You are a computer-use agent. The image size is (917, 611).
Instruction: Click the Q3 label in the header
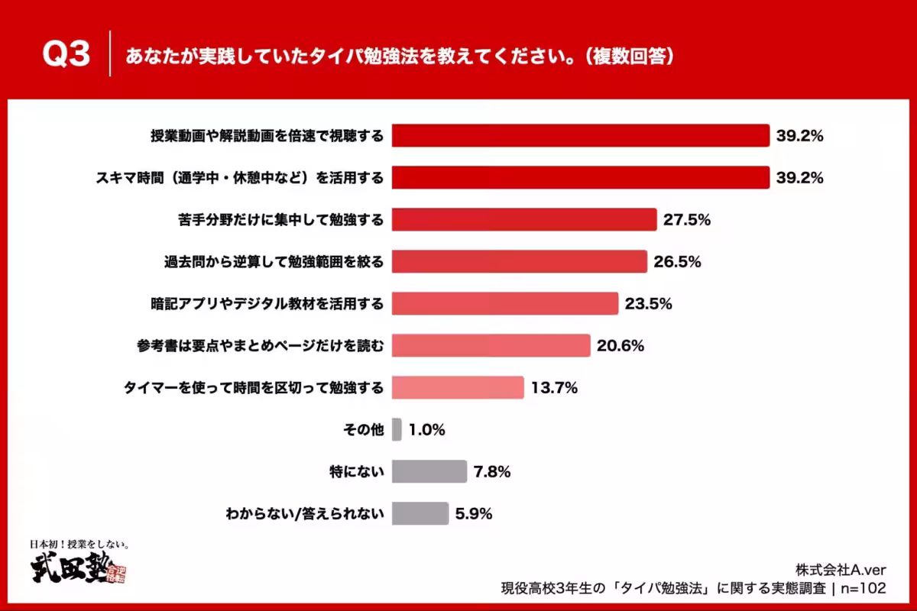[x=66, y=55]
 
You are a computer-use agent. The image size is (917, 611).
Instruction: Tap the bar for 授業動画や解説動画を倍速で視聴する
[x=580, y=136]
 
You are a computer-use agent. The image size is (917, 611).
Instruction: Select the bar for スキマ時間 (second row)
[x=580, y=178]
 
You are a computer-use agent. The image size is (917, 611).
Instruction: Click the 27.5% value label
[x=687, y=220]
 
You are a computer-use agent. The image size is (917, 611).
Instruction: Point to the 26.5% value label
[x=677, y=262]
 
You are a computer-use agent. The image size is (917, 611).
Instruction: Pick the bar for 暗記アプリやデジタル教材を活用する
[x=504, y=304]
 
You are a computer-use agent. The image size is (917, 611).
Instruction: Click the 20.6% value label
[x=621, y=346]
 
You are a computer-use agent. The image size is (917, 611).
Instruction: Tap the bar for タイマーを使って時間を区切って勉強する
[x=458, y=388]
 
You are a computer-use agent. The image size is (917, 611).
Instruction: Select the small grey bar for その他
[x=397, y=430]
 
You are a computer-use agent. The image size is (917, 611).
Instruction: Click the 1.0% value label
[x=426, y=430]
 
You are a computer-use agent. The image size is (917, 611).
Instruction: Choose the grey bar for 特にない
[x=429, y=472]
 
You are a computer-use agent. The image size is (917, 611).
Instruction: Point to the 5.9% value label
[x=473, y=514]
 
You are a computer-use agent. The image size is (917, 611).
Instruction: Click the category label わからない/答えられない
[x=304, y=514]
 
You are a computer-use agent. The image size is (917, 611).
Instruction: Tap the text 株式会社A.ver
[x=841, y=569]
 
